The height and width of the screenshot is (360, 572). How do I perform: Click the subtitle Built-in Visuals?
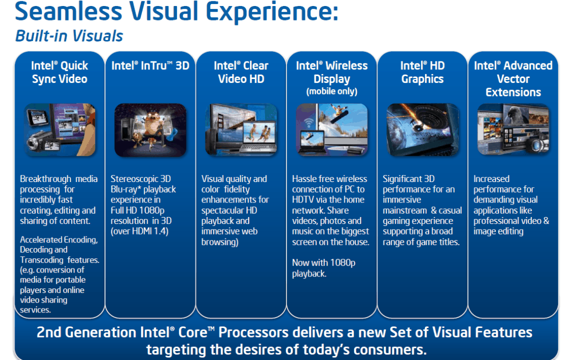tap(69, 36)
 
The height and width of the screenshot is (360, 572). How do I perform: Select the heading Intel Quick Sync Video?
tap(59, 72)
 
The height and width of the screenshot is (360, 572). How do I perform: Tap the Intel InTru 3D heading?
tap(150, 65)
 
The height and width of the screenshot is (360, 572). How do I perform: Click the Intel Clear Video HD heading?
tap(241, 72)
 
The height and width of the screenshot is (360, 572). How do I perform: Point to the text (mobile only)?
tap(331, 91)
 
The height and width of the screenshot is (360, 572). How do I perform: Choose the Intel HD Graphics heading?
tap(422, 72)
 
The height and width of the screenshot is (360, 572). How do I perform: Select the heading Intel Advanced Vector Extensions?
tap(513, 79)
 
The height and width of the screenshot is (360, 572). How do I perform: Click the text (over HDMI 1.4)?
tap(139, 231)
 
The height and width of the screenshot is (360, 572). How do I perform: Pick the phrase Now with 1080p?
tap(323, 262)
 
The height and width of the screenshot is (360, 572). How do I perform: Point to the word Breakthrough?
tap(45, 179)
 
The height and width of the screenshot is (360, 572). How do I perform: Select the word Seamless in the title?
tap(68, 11)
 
